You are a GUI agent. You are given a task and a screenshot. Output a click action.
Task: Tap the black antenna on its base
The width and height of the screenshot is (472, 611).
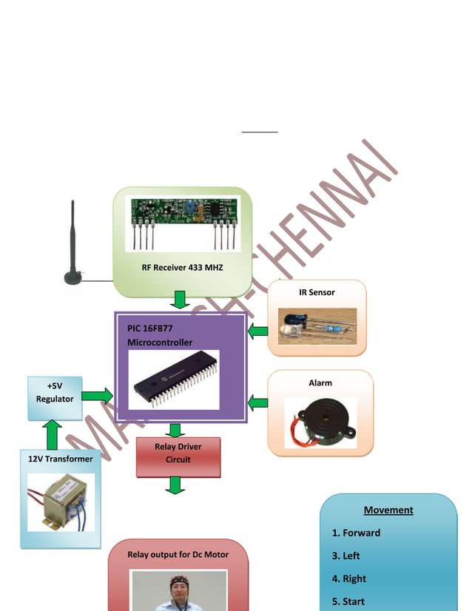(x=73, y=244)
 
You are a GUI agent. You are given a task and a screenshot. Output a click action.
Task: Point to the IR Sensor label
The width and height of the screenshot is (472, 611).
(x=317, y=292)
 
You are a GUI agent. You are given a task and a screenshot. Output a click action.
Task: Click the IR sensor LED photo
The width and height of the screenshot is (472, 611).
(x=317, y=326)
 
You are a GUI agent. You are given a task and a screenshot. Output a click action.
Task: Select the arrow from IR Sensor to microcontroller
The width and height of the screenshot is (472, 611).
(x=257, y=331)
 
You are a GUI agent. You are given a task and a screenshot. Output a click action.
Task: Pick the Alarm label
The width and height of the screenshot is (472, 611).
(x=320, y=383)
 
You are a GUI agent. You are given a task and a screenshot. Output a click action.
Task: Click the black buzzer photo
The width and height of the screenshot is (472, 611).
(x=320, y=422)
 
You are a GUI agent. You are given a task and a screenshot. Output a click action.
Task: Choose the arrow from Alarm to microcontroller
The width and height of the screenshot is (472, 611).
(x=257, y=403)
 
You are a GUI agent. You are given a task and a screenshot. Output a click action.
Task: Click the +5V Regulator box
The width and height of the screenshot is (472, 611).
(x=55, y=393)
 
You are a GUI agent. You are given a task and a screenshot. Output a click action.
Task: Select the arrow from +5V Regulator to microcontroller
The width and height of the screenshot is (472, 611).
(x=97, y=396)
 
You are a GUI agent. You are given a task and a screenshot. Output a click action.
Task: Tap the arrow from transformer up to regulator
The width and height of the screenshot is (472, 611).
(x=53, y=436)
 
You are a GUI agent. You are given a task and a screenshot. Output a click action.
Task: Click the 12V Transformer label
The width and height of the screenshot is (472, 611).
(x=61, y=459)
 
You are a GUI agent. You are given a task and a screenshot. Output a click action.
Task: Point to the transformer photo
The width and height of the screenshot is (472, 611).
(x=61, y=502)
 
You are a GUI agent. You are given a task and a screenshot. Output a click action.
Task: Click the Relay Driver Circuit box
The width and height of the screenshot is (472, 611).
(x=178, y=453)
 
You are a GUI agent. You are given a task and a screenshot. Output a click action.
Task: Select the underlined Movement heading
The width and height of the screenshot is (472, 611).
(x=388, y=510)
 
